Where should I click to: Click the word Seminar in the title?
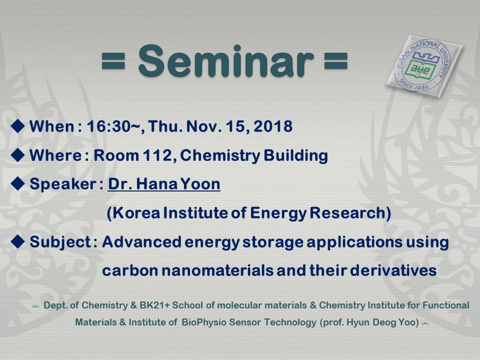[x=226, y=61]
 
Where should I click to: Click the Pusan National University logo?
[x=424, y=66]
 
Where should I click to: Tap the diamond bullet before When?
[x=18, y=126]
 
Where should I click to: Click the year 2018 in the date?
[x=273, y=126]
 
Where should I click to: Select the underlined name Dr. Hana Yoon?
[x=164, y=184]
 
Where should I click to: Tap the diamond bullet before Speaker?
[x=18, y=183]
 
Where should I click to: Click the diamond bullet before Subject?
[x=18, y=241]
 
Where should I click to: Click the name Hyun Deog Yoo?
[x=382, y=322]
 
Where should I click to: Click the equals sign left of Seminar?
[x=113, y=61]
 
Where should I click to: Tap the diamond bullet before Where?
[x=18, y=155]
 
